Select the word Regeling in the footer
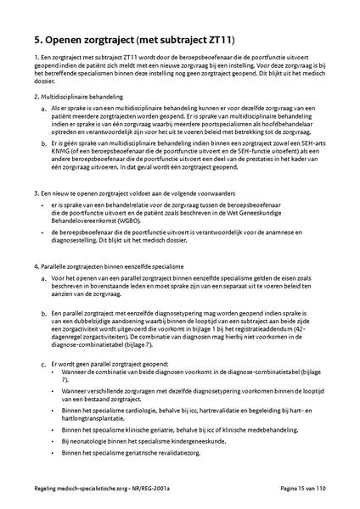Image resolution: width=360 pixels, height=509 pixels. coord(38,491)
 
